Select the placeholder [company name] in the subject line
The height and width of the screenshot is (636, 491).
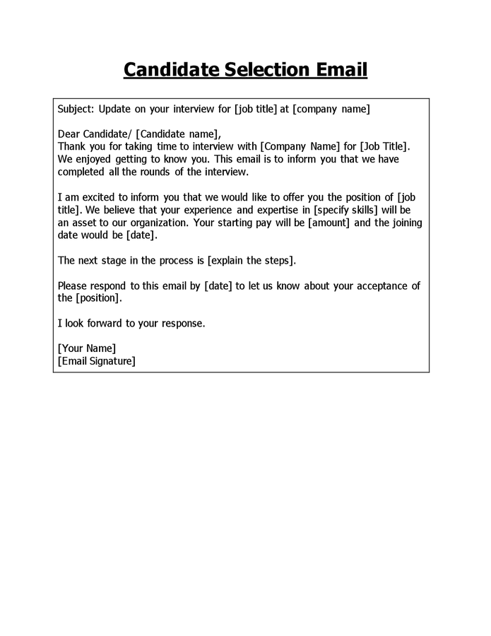pos(331,109)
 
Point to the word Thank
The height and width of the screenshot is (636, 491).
pos(72,146)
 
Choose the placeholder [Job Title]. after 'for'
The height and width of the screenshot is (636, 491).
pos(385,146)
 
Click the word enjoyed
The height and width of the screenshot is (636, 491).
pos(95,159)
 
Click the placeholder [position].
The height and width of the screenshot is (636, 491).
pos(99,299)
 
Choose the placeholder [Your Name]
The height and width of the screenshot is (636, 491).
pos(86,349)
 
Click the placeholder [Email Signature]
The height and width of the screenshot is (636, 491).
pos(96,362)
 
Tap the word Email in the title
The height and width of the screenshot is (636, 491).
pos(340,71)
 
